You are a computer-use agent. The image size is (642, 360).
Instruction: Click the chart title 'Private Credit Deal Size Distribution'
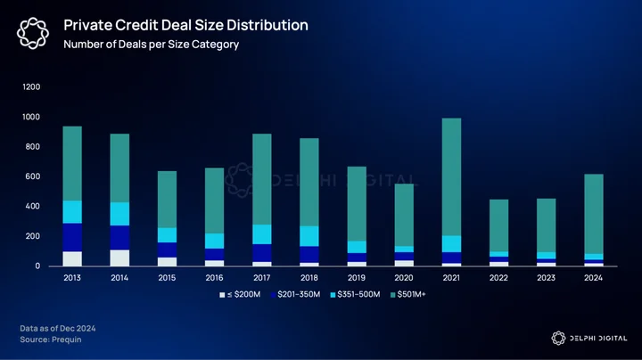pos(185,25)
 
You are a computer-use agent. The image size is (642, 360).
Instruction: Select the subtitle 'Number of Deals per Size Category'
pos(151,45)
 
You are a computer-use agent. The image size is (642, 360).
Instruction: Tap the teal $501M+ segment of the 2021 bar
pos(451,176)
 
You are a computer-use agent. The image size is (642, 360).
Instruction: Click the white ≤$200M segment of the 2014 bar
pos(119,258)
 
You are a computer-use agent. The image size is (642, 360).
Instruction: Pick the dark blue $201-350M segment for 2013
pos(72,237)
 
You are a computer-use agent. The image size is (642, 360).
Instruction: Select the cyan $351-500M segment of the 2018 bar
pos(309,236)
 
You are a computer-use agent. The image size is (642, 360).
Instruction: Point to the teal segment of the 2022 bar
pos(498,225)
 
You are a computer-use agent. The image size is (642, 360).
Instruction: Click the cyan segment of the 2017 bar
pos(261,234)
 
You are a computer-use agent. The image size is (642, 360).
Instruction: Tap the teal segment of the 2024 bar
pos(593,214)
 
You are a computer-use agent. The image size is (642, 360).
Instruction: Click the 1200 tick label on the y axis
pos(31,86)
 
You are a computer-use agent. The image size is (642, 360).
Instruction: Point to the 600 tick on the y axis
pos(31,176)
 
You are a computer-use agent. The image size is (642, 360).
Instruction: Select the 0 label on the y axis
pos(37,266)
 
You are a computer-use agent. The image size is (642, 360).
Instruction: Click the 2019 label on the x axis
pos(356,278)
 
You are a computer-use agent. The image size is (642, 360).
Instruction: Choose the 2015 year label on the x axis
pos(167,278)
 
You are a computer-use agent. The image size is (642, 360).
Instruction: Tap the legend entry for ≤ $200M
pos(240,295)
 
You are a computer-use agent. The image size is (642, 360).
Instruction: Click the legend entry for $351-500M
pos(355,295)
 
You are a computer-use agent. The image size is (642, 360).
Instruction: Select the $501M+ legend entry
pos(408,295)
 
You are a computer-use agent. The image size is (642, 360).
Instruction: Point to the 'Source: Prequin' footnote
pos(51,340)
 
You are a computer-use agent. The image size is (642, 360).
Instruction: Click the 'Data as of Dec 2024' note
pos(58,329)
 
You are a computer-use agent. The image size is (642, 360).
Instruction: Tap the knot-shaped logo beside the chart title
pos(33,33)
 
